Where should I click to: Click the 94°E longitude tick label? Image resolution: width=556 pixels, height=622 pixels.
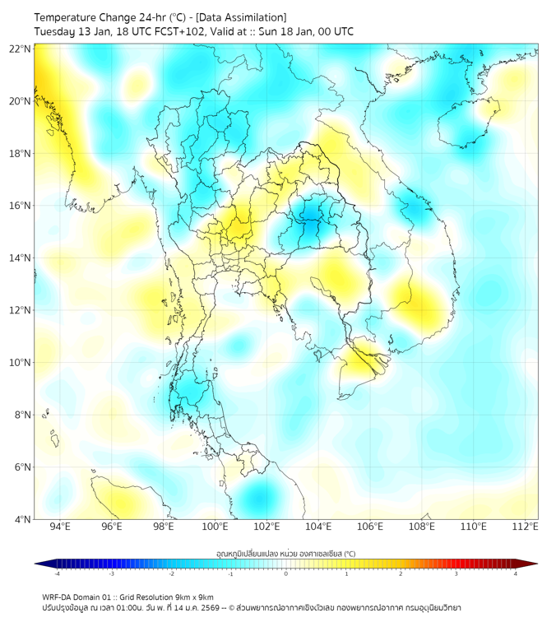tap(60, 527)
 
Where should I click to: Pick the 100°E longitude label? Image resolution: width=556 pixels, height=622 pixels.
tap(215, 527)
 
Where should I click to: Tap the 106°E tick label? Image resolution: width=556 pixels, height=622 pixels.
tap(370, 527)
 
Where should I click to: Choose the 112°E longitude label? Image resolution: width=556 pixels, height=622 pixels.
tap(525, 527)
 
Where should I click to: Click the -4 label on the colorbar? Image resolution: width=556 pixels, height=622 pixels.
tap(57, 573)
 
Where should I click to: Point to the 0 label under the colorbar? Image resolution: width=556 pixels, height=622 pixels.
tap(286, 573)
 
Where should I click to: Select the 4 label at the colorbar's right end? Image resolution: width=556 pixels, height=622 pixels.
tap(515, 573)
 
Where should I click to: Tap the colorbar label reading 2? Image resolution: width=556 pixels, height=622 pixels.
tap(401, 573)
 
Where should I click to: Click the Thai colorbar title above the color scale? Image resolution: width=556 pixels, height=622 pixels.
tap(285, 553)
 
